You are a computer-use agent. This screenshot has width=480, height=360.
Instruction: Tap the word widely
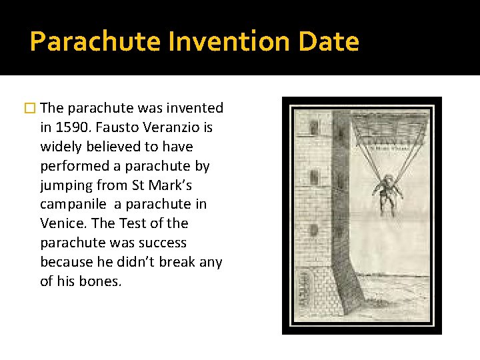click(x=61, y=147)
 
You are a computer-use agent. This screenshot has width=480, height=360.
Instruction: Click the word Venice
click(x=63, y=223)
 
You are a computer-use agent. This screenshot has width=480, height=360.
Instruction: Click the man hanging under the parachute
click(x=387, y=191)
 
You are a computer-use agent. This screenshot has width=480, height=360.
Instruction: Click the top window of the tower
click(x=313, y=127)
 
